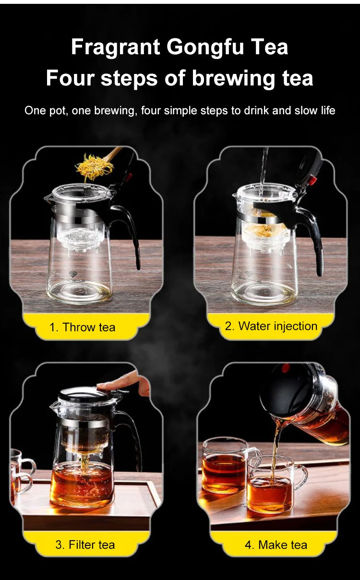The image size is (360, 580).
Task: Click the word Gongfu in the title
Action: [204, 48]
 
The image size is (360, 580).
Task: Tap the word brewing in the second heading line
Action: [232, 79]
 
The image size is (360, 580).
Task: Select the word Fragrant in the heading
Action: [115, 48]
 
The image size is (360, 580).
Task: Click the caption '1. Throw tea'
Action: [82, 327]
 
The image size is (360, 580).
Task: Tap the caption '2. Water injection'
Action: [271, 326]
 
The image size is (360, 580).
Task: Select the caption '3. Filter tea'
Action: [85, 545]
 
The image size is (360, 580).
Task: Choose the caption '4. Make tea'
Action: [276, 545]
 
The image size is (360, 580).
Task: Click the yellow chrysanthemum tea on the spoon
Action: [94, 166]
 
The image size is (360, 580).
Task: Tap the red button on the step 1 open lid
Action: [129, 177]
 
